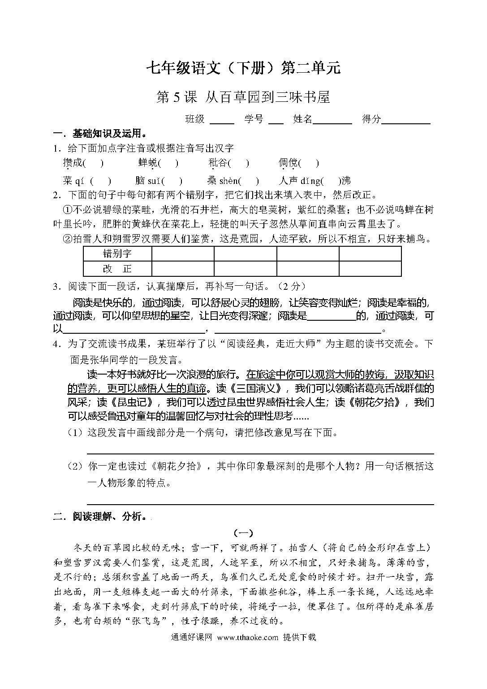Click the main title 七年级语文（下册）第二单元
(x=243, y=68)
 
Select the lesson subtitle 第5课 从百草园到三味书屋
(x=243, y=96)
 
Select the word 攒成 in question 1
(x=73, y=163)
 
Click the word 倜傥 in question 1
(x=288, y=163)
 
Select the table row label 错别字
(x=117, y=253)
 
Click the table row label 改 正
(x=117, y=269)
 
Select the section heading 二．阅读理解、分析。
(x=100, y=517)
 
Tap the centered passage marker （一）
(x=243, y=533)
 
